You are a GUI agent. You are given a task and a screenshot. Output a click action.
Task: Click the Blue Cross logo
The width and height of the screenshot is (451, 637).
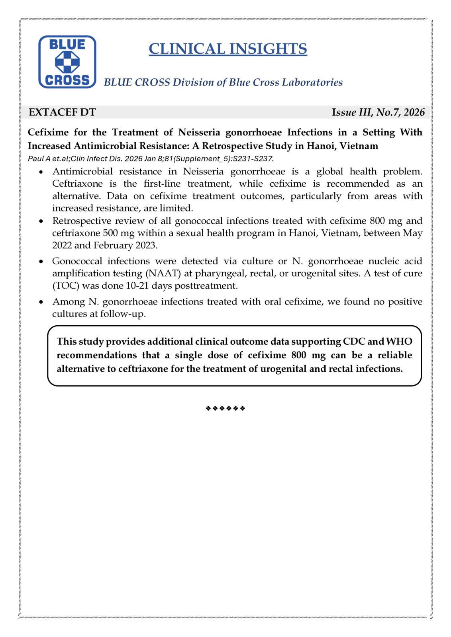tap(67, 62)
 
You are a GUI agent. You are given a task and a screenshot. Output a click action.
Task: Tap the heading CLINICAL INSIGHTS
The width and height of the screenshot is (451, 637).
tap(227, 49)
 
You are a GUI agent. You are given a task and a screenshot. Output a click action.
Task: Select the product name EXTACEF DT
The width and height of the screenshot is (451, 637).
tap(62, 112)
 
